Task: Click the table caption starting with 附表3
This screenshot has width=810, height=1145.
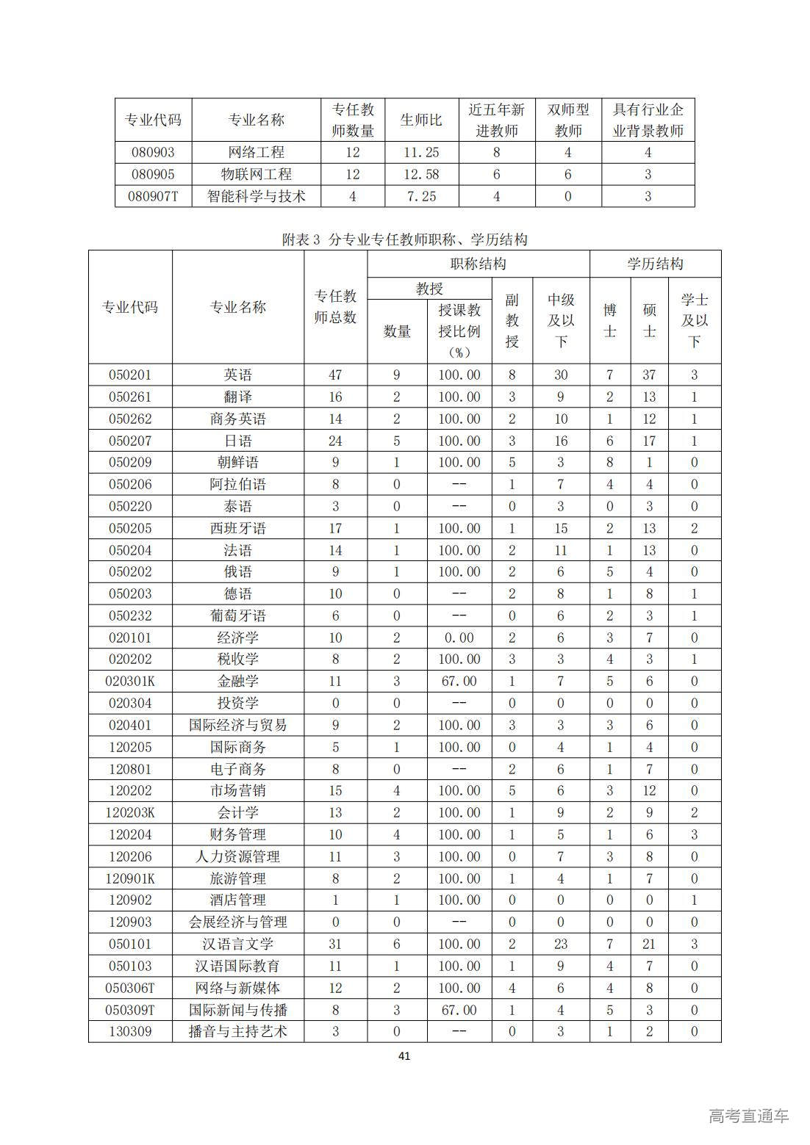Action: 404,239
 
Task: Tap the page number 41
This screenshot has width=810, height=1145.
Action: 404,1056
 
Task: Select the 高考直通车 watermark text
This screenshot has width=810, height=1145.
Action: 748,1116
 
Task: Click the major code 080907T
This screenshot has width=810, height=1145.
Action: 153,196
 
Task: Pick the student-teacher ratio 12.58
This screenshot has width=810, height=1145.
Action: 421,174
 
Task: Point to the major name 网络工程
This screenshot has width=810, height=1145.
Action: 256,152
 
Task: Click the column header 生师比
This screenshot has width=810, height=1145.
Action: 421,120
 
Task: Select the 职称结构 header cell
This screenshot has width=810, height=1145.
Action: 478,264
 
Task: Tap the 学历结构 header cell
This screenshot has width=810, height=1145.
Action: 655,264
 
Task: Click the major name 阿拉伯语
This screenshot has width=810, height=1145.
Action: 237,484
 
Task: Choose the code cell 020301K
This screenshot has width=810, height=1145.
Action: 130,681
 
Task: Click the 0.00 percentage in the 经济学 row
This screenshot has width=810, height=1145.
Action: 459,637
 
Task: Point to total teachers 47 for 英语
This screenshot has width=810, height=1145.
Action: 335,375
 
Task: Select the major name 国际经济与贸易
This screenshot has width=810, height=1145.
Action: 237,725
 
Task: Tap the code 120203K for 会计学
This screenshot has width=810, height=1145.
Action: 130,812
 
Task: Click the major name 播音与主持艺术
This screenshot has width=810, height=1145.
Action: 237,1031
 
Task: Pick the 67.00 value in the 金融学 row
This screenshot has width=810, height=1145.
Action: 459,681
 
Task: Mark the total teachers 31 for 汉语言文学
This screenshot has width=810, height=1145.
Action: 335,944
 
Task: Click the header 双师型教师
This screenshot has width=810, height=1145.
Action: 568,120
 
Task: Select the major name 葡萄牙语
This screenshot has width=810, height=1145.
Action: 237,615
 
